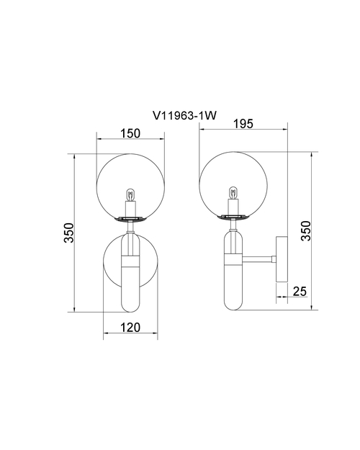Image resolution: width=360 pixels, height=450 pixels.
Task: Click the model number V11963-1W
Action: click(x=184, y=116)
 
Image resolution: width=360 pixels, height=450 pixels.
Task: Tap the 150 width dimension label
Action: click(x=130, y=133)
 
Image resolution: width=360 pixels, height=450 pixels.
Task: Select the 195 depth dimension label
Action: click(x=243, y=124)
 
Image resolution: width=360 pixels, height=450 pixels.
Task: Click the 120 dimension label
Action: click(x=130, y=327)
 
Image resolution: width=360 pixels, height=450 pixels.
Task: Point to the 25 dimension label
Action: click(x=300, y=292)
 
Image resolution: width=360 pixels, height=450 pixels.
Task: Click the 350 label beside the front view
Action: click(x=69, y=233)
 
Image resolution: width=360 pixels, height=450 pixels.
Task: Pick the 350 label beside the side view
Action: click(x=306, y=230)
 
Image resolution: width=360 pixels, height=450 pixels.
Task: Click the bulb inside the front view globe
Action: click(x=130, y=195)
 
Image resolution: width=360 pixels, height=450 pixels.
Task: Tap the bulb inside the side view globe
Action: click(x=233, y=193)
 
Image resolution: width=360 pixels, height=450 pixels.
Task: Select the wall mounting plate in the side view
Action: click(x=282, y=259)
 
